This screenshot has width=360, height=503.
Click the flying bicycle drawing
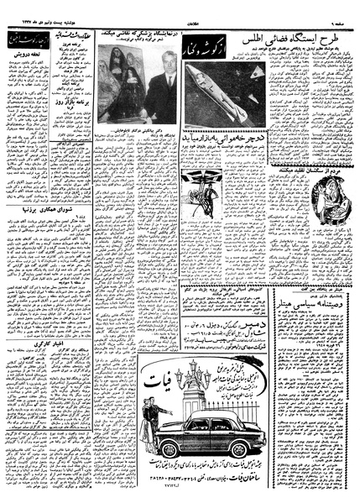tap(203, 176)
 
